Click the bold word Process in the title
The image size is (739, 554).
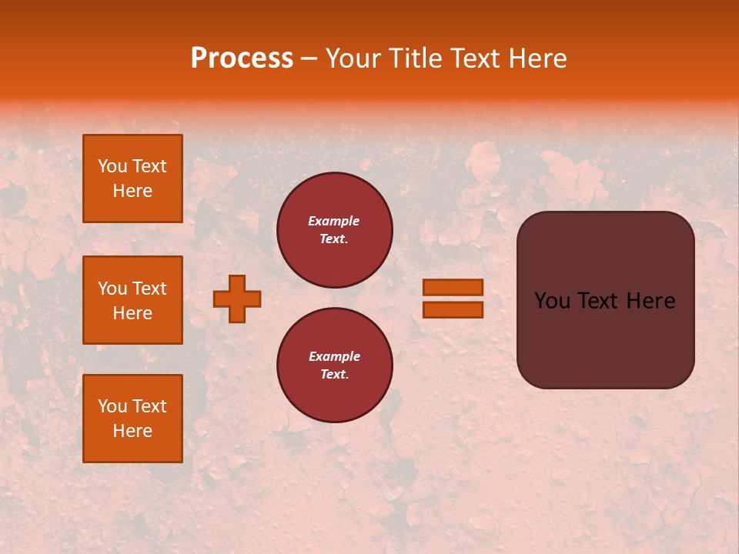242,58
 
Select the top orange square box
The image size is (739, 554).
132,179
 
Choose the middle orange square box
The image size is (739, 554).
132,300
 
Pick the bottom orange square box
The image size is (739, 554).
132,419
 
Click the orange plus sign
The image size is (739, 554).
237,299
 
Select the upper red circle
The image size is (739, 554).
335,230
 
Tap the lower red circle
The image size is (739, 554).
335,365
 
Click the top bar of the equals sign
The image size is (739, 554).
453,288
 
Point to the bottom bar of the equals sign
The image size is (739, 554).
453,310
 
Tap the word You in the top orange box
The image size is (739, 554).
112,166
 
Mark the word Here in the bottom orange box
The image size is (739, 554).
132,431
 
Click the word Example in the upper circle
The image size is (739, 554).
334,221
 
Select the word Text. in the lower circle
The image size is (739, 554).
334,375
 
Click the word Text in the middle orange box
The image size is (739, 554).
149,289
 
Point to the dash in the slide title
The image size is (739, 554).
309,58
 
